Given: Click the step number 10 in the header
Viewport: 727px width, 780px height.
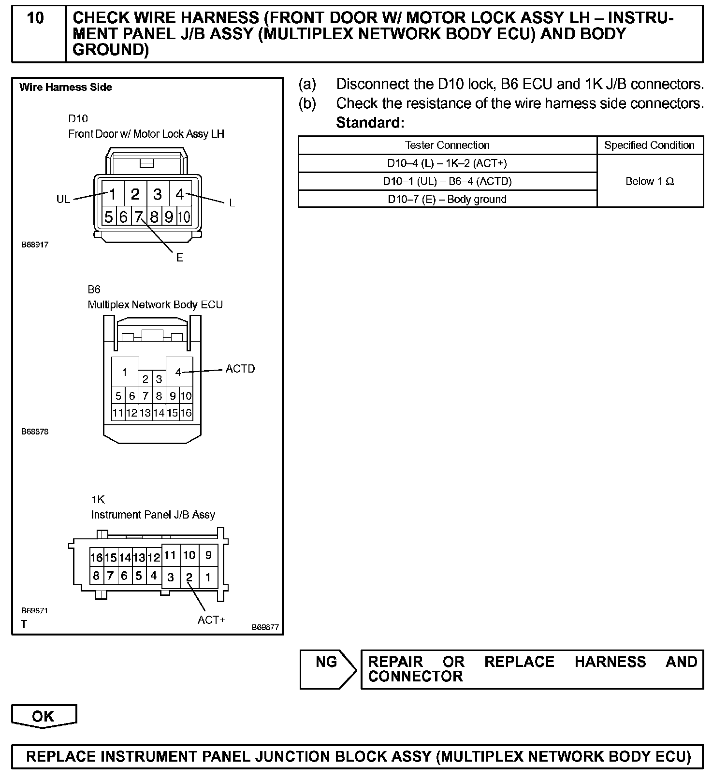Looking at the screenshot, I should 35,18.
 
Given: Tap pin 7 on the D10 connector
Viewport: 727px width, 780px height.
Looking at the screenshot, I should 138,217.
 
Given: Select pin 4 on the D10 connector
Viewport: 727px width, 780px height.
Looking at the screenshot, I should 180,194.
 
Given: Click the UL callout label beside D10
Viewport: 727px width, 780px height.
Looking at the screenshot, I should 63,199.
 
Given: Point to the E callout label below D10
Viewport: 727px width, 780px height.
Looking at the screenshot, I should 180,258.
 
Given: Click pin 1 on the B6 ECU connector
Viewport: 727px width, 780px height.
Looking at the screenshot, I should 125,372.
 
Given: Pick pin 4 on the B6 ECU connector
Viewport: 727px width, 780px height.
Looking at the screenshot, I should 178,372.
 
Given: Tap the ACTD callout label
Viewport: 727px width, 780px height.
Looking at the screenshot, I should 240,369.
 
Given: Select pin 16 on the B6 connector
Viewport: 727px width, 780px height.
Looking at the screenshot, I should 186,413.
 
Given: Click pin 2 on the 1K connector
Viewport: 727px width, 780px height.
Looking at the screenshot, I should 189,577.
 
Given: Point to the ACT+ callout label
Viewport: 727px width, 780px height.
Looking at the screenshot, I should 211,620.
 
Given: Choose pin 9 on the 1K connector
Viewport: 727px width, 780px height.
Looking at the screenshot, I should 208,555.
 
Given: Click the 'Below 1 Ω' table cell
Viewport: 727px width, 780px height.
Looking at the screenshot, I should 650,181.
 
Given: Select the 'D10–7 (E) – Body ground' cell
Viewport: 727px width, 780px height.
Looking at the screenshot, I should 447,199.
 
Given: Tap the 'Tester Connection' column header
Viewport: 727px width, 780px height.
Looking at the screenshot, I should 447,145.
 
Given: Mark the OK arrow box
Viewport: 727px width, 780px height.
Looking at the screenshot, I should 44,716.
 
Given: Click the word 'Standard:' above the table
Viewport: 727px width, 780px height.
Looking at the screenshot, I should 370,123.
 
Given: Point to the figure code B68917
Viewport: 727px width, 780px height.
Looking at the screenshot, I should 35,245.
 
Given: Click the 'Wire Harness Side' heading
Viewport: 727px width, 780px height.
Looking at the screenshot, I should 66,87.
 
